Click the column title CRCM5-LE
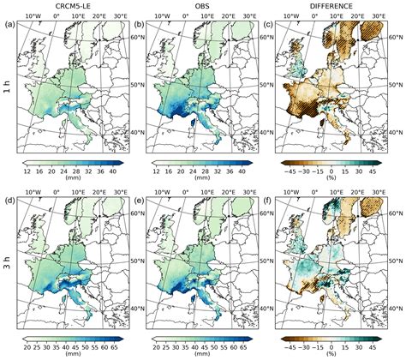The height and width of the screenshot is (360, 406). [71, 5]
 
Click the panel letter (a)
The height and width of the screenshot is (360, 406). [10, 24]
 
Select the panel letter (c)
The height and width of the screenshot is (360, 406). [268, 24]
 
